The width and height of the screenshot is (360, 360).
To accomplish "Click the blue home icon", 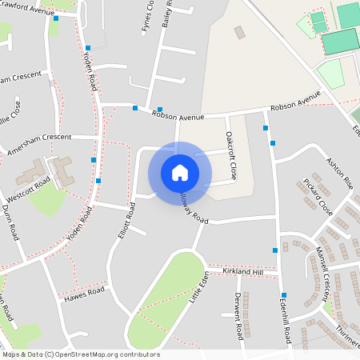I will point(180,172).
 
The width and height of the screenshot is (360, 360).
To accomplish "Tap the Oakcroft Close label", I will point(231,154).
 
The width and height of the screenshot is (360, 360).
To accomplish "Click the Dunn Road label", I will point(10,222).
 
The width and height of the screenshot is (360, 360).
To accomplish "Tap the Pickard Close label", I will point(318,197).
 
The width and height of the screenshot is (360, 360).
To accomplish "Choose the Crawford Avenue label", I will point(29,12).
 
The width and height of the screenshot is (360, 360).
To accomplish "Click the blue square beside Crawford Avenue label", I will point(57,18).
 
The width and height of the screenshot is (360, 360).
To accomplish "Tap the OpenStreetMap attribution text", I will point(81,354).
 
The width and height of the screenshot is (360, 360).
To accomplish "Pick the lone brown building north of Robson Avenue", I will point(240,33).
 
